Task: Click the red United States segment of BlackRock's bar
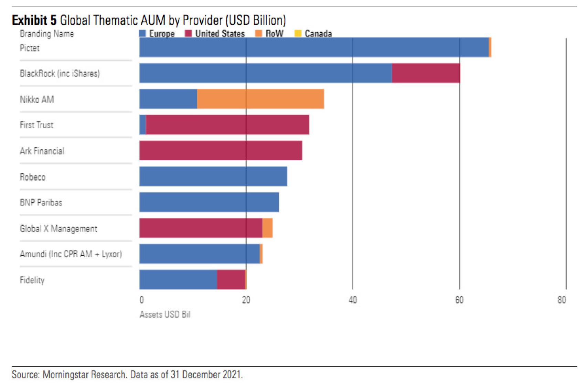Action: point(426,73)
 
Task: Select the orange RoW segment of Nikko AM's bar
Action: point(260,99)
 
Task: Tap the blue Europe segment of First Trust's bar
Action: point(143,125)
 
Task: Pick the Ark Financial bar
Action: point(221,151)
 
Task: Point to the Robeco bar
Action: point(213,176)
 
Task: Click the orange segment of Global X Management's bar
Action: point(267,228)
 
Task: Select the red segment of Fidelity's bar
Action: point(231,280)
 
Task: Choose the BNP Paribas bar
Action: point(209,202)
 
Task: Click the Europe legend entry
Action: point(157,33)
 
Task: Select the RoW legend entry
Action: point(269,33)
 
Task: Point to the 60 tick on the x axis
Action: point(459,300)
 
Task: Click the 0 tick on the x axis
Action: point(141,300)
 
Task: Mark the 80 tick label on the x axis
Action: point(562,300)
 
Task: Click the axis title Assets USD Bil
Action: point(165,314)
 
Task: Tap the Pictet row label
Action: point(30,48)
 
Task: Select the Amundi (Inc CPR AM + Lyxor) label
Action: point(71,254)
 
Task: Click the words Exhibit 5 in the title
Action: point(34,20)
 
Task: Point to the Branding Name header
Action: point(47,34)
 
